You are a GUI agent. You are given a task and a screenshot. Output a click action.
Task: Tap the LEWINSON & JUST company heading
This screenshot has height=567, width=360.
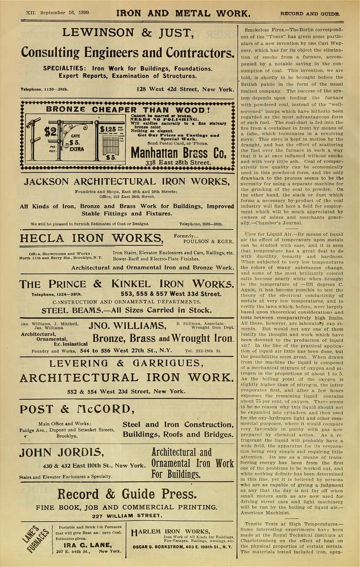[127, 33]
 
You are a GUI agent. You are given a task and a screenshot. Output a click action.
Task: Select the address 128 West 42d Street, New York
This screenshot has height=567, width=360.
[185, 89]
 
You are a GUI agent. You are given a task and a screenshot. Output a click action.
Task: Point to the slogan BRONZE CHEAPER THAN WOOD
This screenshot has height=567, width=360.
[128, 109]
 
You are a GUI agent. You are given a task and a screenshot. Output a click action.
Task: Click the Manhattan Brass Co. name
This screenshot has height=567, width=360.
[178, 153]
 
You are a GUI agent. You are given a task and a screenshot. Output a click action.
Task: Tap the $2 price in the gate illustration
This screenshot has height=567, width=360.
[51, 131]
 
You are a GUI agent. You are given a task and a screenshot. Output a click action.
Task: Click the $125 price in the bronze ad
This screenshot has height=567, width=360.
[108, 129]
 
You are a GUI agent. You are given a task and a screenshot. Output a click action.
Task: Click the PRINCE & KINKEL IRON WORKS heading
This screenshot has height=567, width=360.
[126, 284]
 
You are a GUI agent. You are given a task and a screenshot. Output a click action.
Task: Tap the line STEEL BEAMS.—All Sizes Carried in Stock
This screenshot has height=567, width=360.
[126, 310]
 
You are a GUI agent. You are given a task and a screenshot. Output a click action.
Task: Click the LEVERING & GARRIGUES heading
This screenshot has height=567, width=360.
[127, 363]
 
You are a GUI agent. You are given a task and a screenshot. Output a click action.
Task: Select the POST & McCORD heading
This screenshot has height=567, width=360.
[76, 409]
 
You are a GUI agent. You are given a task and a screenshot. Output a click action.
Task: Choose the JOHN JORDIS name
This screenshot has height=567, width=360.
[61, 453]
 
